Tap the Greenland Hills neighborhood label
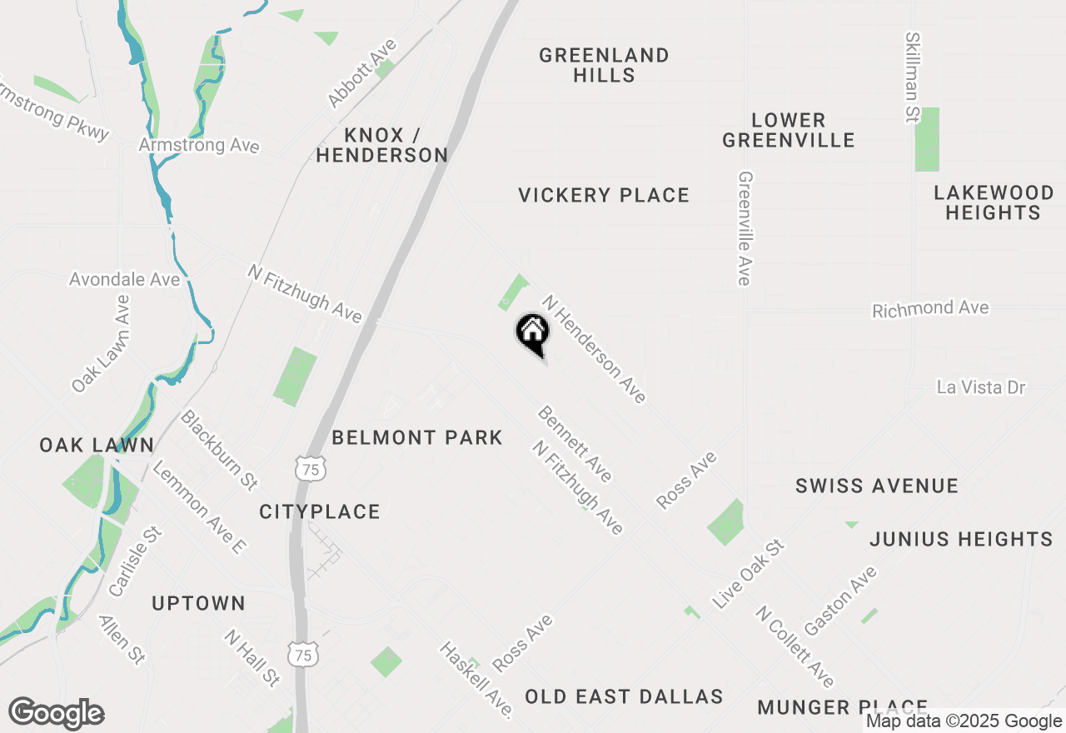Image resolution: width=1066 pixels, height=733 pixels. (604, 65)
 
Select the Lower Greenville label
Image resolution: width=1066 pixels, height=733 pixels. (788, 130)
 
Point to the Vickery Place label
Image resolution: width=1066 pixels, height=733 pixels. (604, 196)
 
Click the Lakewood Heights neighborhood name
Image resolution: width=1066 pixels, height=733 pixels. (993, 202)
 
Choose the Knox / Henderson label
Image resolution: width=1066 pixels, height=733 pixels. (382, 145)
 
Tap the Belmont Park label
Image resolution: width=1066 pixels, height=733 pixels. (417, 437)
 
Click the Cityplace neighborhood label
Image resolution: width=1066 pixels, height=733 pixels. (320, 511)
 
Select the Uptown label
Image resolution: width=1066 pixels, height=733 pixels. (198, 603)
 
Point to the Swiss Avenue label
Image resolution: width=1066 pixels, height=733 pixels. (877, 486)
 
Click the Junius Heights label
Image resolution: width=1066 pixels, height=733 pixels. (961, 539)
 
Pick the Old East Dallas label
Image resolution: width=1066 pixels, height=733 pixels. (624, 696)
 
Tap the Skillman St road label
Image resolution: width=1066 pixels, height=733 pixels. (914, 77)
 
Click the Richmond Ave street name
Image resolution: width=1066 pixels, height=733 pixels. (930, 309)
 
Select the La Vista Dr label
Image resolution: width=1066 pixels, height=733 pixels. (981, 387)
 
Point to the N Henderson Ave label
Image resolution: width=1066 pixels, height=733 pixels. (594, 349)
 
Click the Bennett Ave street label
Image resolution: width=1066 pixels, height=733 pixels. (575, 443)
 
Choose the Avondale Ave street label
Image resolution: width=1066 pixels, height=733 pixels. (125, 279)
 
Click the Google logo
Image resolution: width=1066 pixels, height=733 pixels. (56, 713)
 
